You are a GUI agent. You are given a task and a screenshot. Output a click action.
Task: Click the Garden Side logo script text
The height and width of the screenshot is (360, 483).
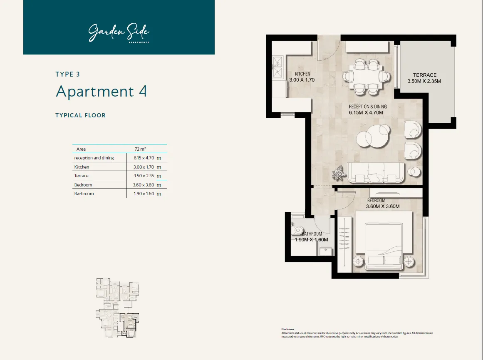click(x=119, y=32)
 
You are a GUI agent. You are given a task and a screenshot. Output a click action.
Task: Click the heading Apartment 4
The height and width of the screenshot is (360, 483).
click(x=101, y=91)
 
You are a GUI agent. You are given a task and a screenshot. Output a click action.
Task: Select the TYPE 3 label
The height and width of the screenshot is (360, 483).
click(x=67, y=74)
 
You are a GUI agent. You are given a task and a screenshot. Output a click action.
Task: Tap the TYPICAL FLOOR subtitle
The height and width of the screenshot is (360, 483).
click(x=80, y=115)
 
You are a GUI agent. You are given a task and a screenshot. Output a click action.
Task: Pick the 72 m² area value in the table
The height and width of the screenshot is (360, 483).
click(x=140, y=149)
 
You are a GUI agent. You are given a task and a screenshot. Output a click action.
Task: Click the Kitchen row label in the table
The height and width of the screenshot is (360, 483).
click(x=82, y=167)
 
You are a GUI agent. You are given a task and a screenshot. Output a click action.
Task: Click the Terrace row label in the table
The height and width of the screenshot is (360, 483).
click(x=81, y=176)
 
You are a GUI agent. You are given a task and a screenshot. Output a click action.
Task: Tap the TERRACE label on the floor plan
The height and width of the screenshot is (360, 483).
click(x=424, y=75)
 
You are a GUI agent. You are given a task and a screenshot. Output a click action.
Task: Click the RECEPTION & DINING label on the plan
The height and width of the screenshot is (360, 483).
click(x=367, y=107)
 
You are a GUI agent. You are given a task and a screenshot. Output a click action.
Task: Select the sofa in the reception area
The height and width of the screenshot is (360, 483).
click(x=376, y=172)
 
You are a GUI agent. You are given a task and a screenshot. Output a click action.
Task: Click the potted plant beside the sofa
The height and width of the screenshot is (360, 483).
click(x=339, y=172)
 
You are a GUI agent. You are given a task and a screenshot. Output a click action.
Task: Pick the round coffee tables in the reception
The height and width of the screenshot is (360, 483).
click(x=374, y=136)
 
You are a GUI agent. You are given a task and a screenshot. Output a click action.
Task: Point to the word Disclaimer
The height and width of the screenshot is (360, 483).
click(x=287, y=328)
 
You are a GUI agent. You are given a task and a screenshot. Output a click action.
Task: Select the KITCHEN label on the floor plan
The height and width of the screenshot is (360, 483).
click(x=300, y=74)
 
